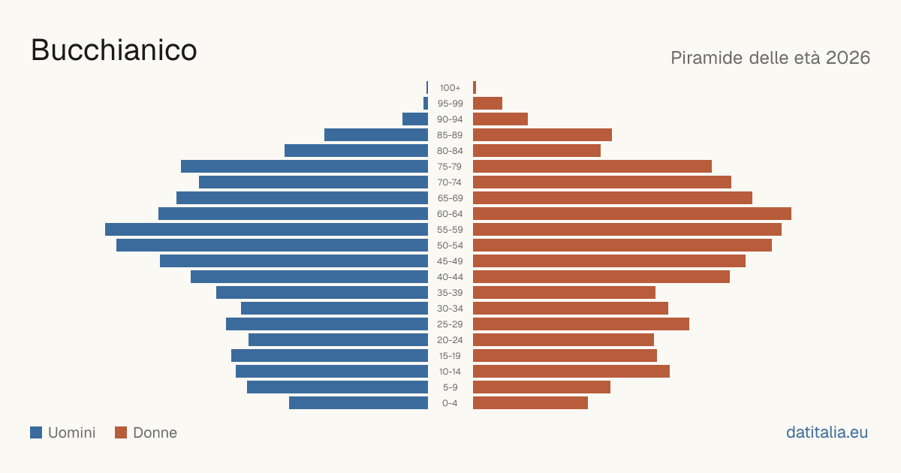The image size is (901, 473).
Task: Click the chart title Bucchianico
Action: (x=114, y=50)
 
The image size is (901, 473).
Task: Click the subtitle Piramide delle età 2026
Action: (x=770, y=58)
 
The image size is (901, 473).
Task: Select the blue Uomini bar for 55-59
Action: (x=267, y=229)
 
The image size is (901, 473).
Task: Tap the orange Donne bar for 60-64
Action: (x=632, y=213)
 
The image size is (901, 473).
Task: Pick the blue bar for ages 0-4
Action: (x=358, y=403)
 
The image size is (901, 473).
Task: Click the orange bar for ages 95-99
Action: (x=487, y=104)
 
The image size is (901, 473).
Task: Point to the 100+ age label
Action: (x=450, y=88)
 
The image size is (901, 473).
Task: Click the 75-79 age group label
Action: (x=450, y=167)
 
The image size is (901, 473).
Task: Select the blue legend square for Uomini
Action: (x=36, y=432)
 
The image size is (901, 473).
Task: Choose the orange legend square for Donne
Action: (x=121, y=432)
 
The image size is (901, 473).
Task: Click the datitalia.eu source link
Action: (x=827, y=432)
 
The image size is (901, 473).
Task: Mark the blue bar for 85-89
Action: (x=376, y=134)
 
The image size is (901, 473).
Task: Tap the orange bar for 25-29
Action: (x=581, y=324)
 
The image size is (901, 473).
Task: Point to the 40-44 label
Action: (x=450, y=277)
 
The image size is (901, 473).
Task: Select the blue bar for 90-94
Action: (x=415, y=119)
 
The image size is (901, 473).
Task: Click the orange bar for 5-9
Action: (x=541, y=387)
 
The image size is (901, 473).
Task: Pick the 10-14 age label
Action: (x=450, y=371)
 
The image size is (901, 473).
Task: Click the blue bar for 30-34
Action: (x=334, y=309)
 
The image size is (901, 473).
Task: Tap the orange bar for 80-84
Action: (x=537, y=151)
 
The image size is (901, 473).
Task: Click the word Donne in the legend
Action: (x=155, y=432)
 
